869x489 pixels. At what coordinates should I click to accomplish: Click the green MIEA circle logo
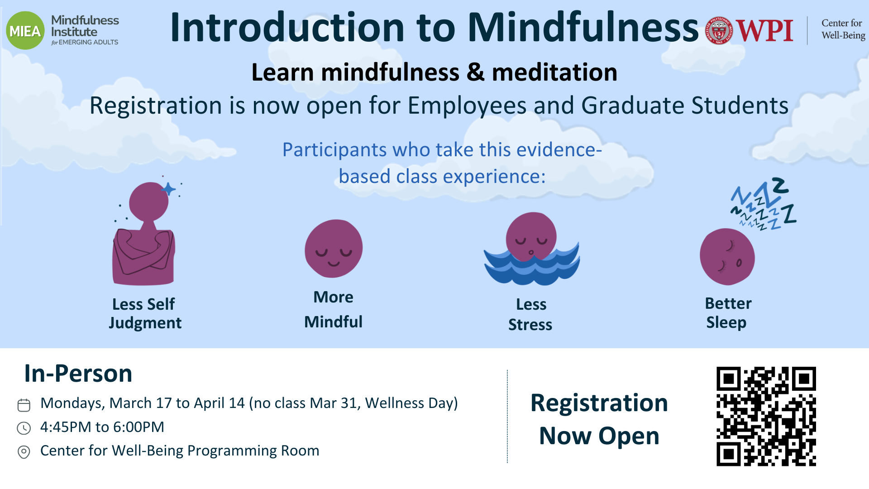click(x=25, y=31)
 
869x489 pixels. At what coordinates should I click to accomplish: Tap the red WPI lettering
click(x=764, y=31)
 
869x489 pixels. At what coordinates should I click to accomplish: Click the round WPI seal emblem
click(x=719, y=31)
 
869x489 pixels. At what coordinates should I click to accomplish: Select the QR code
click(x=766, y=417)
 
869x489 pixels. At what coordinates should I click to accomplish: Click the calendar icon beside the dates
click(x=24, y=405)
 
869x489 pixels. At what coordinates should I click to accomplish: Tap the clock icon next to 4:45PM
click(x=24, y=428)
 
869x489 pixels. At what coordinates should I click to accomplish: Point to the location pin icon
click(x=24, y=452)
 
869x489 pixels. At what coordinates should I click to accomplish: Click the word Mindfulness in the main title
click(x=583, y=27)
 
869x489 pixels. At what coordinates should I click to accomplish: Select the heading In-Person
click(x=78, y=374)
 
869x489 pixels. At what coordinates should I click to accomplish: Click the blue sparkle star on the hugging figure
click(x=169, y=189)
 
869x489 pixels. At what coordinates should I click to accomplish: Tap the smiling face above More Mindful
click(x=334, y=249)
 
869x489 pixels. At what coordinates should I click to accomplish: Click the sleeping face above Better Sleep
click(x=727, y=257)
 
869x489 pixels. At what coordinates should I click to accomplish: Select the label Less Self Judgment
click(x=145, y=313)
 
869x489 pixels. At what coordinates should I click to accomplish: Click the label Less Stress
click(x=530, y=314)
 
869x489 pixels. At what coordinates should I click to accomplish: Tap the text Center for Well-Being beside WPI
click(x=843, y=29)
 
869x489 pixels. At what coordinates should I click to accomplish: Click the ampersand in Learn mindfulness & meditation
click(x=475, y=72)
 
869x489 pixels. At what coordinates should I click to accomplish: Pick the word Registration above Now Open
click(x=599, y=403)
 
